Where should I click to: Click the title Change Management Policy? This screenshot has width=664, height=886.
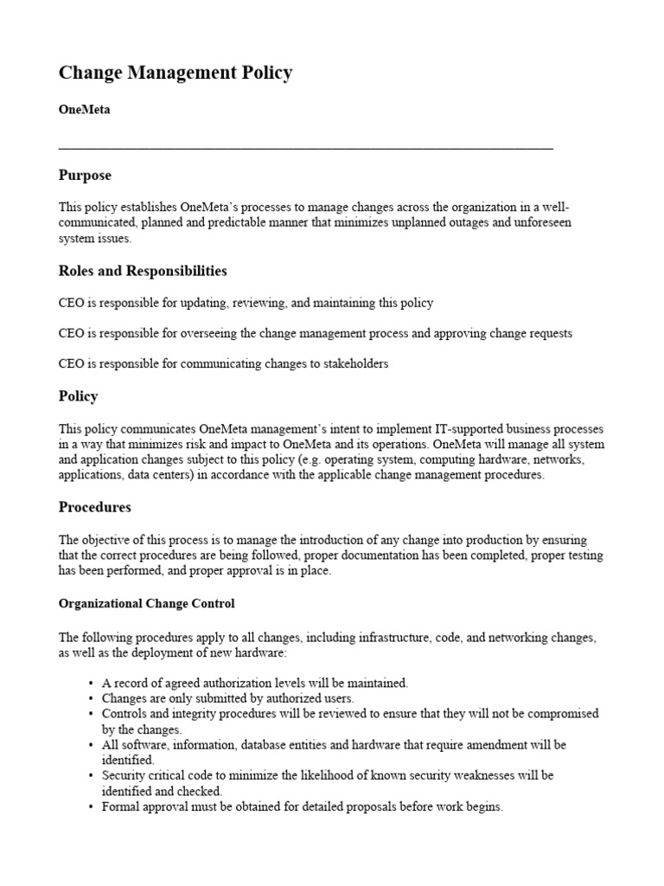click(176, 74)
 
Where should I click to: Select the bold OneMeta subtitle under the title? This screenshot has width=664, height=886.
click(84, 110)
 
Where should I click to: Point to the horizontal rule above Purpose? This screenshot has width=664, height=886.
click(305, 149)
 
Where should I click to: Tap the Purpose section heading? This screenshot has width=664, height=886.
click(85, 176)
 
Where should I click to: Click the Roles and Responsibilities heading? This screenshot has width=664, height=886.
click(143, 271)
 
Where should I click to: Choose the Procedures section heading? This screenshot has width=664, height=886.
click(94, 507)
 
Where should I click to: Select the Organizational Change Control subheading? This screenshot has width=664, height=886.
click(146, 603)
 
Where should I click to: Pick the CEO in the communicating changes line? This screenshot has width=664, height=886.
click(71, 364)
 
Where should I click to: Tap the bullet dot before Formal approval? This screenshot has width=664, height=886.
click(91, 807)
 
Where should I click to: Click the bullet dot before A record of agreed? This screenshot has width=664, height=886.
click(91, 683)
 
